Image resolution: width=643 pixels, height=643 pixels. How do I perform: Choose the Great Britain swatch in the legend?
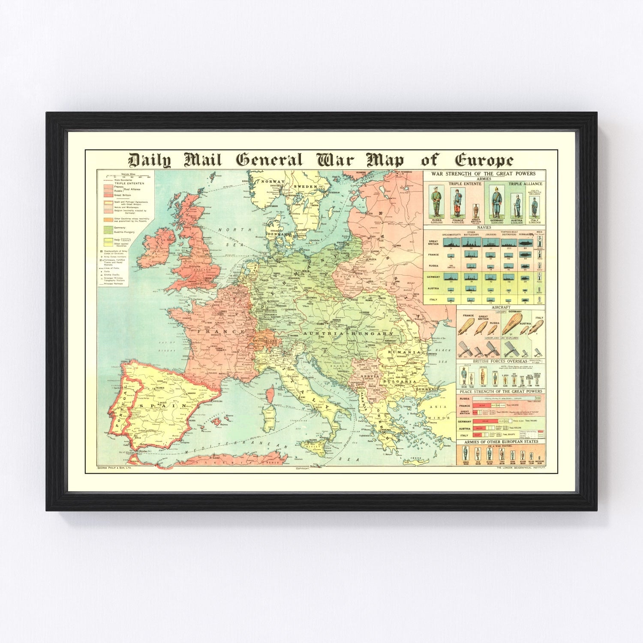(107, 195)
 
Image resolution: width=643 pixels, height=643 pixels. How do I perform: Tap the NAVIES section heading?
(484, 228)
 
